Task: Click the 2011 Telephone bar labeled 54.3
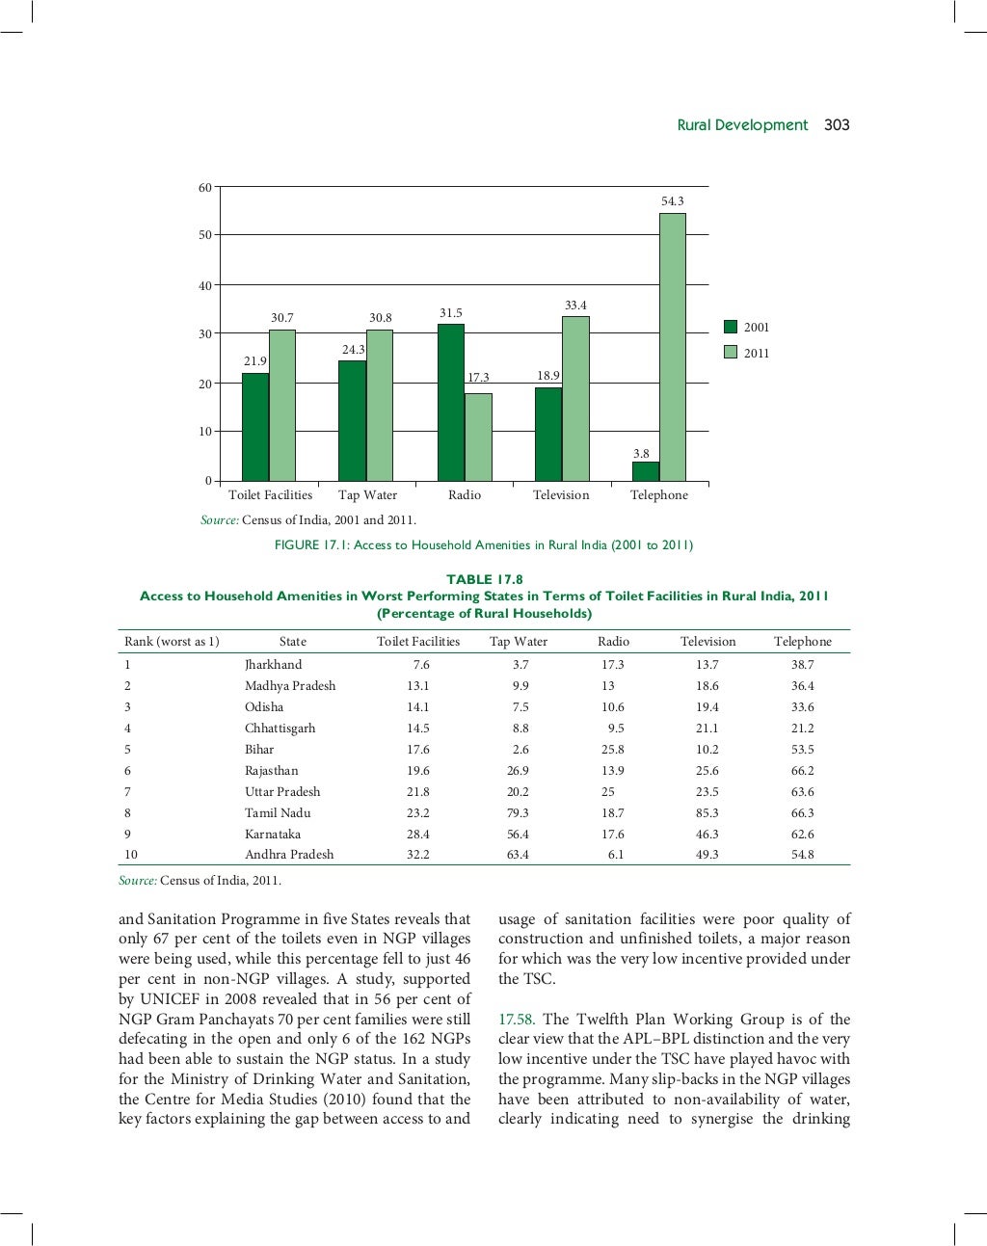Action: click(x=672, y=347)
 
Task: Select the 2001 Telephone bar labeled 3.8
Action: click(x=645, y=471)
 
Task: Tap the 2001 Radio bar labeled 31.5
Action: click(x=450, y=403)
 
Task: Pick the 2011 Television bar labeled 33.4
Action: click(x=575, y=399)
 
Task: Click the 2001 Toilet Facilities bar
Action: click(x=254, y=427)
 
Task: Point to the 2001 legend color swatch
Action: click(x=731, y=328)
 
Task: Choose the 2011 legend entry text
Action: click(x=757, y=354)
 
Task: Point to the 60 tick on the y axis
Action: click(x=204, y=188)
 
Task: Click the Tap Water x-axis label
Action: click(x=367, y=495)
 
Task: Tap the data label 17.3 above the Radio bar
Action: click(x=478, y=378)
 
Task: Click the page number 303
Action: click(x=837, y=125)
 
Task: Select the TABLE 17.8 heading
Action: click(x=484, y=579)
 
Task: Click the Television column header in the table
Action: click(x=707, y=642)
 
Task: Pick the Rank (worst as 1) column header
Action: click(x=172, y=642)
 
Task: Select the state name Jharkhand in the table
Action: click(x=273, y=665)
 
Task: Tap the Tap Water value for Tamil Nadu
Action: click(x=518, y=813)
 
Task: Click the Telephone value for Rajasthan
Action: click(x=802, y=771)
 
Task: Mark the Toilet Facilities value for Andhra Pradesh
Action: click(x=417, y=855)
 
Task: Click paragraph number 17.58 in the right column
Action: click(x=516, y=1020)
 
